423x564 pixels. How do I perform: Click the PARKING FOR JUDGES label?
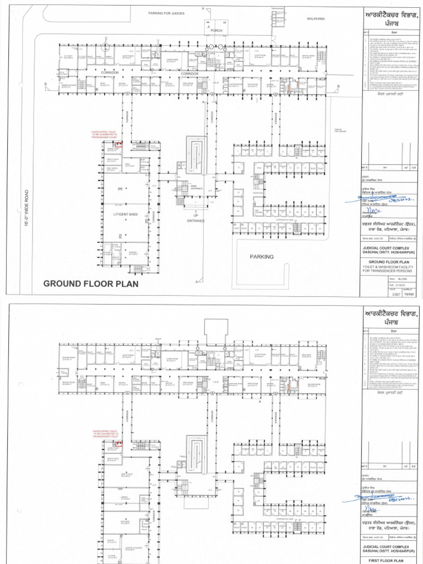pos(166,13)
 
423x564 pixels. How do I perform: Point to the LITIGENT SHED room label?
pos(124,213)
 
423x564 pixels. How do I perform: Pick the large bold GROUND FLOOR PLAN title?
pos(91,284)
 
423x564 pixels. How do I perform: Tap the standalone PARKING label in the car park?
pos(262,256)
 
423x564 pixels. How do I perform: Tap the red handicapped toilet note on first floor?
pos(105,435)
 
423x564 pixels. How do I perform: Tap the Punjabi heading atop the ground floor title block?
pos(391,15)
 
